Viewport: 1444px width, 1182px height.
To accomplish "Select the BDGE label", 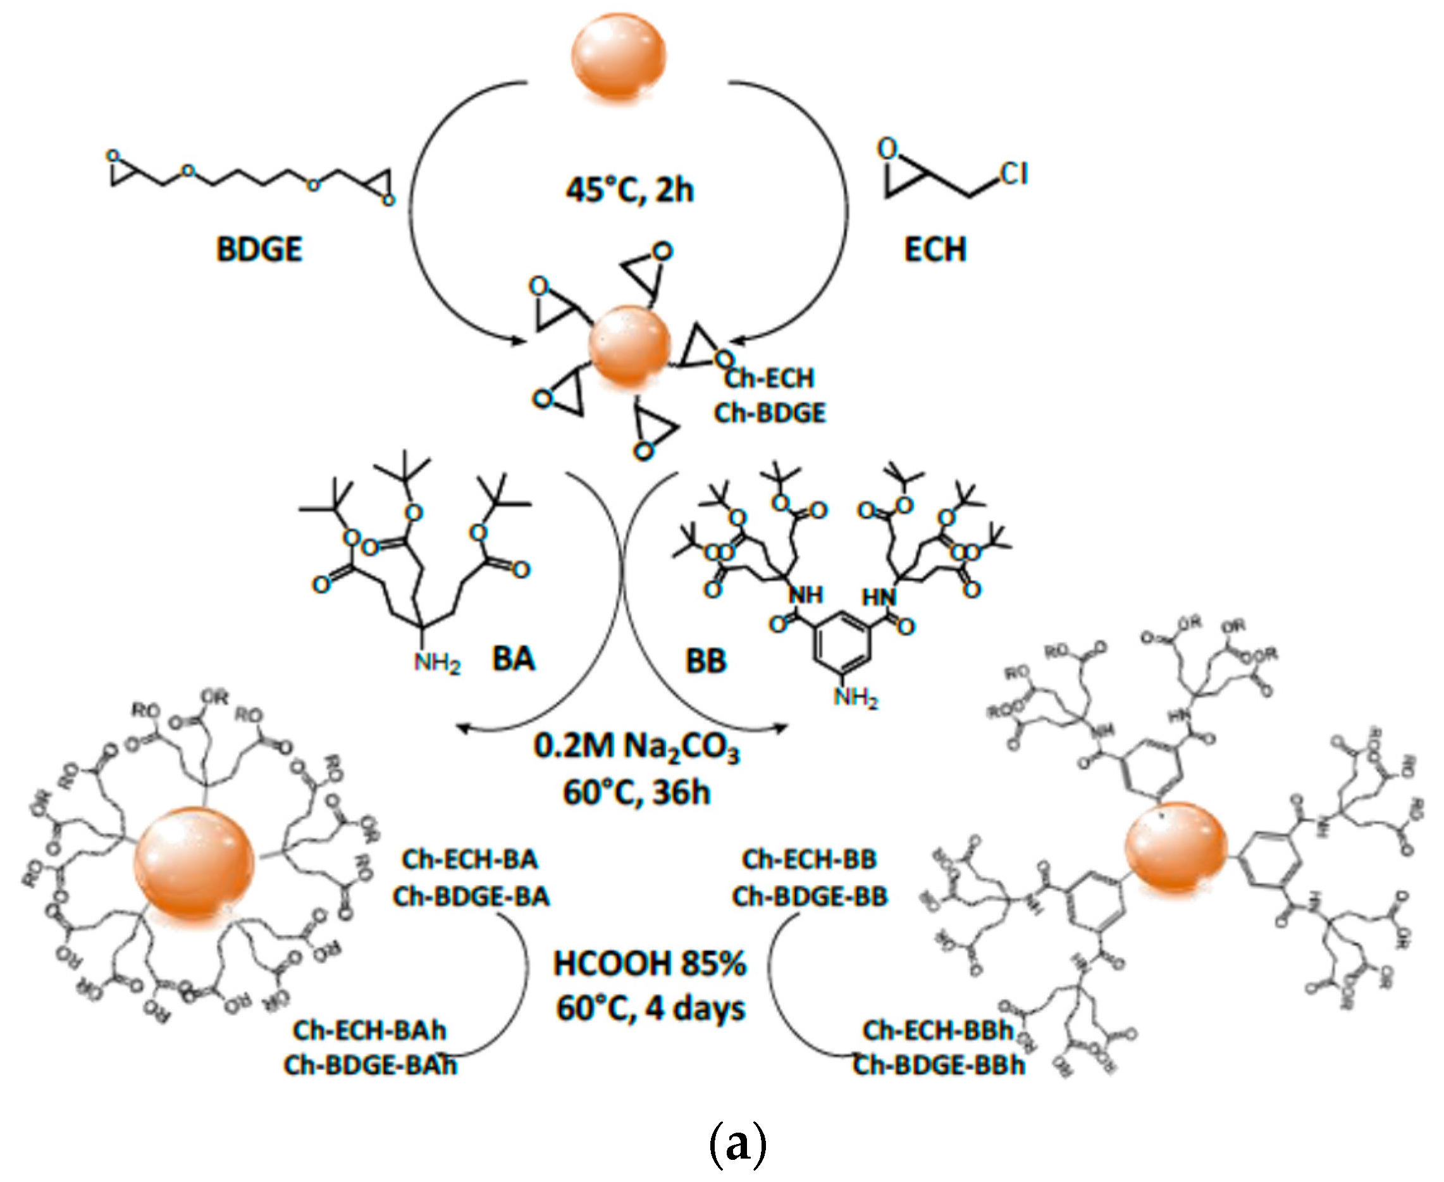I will [259, 249].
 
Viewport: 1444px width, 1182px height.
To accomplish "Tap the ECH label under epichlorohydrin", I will [934, 249].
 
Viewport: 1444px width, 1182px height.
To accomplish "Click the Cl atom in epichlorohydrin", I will [1013, 173].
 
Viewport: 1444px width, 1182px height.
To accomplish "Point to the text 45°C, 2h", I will [629, 189].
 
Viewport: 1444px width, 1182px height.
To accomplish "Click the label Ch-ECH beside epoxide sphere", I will [769, 377].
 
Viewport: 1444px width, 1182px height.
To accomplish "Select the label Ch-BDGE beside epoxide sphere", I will [770, 413].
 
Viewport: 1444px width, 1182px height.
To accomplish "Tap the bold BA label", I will [514, 659].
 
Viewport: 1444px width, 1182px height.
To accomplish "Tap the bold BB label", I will [706, 661].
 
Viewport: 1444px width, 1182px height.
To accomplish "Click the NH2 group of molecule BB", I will [855, 697].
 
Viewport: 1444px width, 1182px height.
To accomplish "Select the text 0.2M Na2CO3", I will [636, 747].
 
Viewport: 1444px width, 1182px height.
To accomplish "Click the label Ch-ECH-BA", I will [469, 859].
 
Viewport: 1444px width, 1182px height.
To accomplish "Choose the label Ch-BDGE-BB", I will [810, 896].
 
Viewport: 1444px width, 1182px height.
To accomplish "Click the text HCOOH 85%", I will [650, 964].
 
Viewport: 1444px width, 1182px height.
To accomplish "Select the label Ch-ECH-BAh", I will [369, 1030].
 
